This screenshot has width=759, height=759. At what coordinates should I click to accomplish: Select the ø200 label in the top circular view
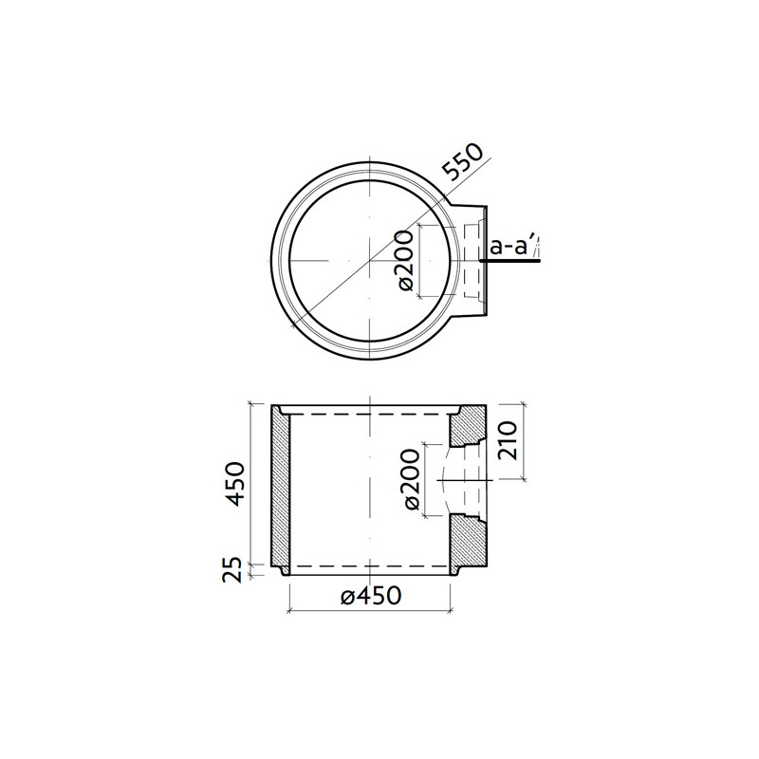[x=404, y=261]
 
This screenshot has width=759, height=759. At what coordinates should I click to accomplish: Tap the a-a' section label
[x=509, y=249]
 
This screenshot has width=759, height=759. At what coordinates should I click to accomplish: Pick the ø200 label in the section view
[x=411, y=480]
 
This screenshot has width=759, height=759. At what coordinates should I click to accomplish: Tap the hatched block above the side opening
[x=467, y=429]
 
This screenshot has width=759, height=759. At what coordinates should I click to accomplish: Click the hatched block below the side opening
[x=467, y=541]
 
